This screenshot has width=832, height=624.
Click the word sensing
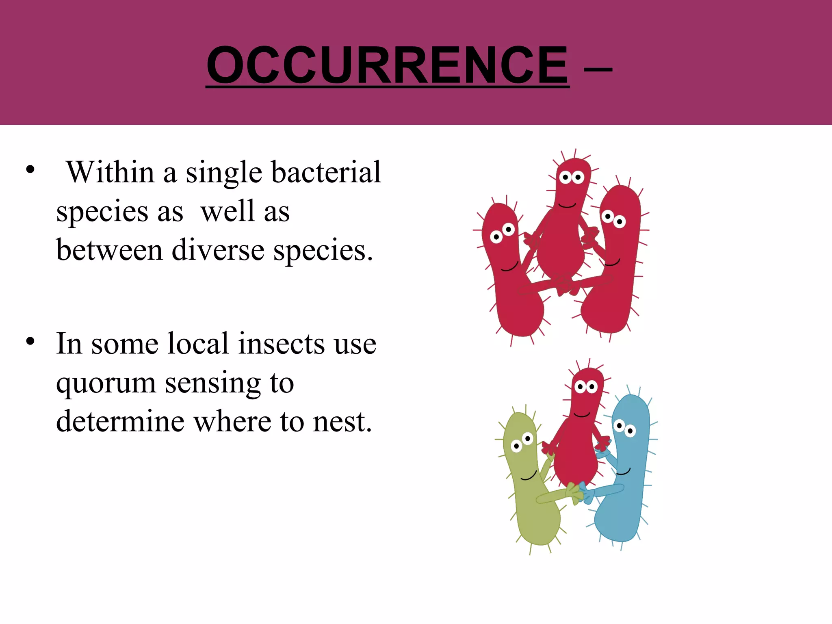click(213, 383)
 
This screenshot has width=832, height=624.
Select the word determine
click(120, 421)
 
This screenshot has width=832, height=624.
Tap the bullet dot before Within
click(30, 170)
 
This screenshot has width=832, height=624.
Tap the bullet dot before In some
click(30, 341)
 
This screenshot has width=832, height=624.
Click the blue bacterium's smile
click(624, 472)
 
